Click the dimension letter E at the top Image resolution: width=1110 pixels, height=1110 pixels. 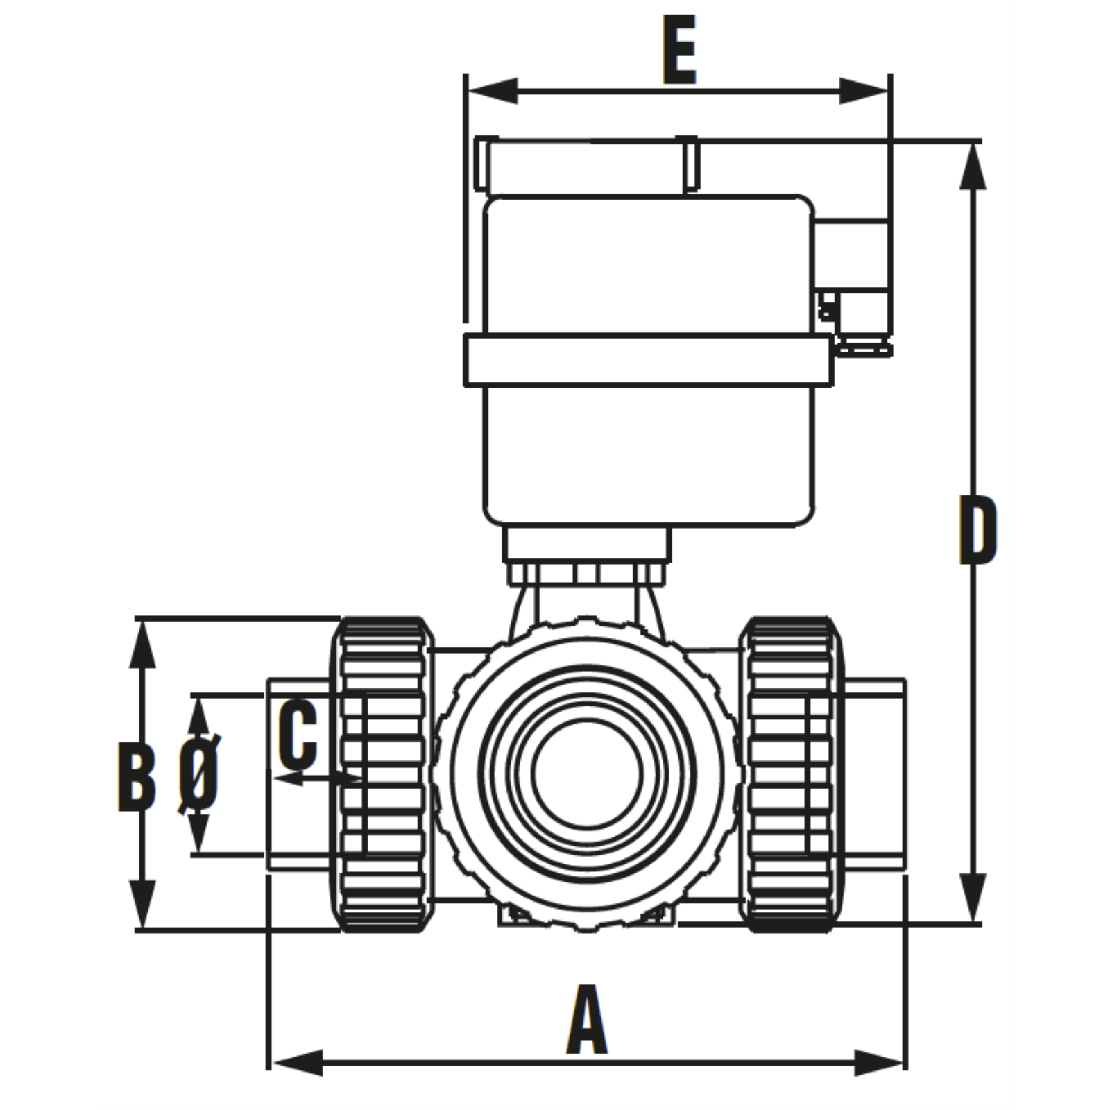(679, 50)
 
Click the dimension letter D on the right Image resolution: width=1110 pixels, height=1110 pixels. (977, 529)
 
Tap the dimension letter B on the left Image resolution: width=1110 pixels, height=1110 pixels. (137, 776)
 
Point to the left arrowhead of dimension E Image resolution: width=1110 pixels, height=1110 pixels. (493, 91)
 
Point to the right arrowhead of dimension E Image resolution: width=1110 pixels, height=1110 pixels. (864, 91)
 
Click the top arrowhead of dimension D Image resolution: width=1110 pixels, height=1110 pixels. (973, 166)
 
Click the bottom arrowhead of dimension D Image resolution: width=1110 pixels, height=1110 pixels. (973, 898)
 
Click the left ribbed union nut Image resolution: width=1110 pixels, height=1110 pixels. (382, 774)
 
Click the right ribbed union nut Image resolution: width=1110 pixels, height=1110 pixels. (792, 774)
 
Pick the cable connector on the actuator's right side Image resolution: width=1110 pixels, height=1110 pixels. (853, 257)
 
